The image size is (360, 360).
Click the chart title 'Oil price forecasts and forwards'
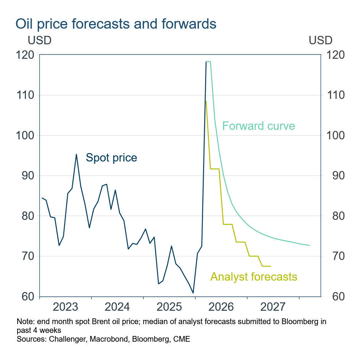116,24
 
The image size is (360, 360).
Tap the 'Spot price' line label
111,157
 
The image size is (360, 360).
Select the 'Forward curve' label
258,126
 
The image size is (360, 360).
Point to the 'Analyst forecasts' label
253,276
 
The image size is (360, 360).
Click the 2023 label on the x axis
66,307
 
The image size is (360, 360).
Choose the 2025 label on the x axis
169,307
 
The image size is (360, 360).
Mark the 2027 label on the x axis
273,307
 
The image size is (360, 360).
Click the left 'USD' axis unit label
39,40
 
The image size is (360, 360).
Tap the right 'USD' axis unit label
320,40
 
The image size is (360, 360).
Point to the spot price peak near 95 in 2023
76,154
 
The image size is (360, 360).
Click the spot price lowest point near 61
193,293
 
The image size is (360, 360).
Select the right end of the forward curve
309,245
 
